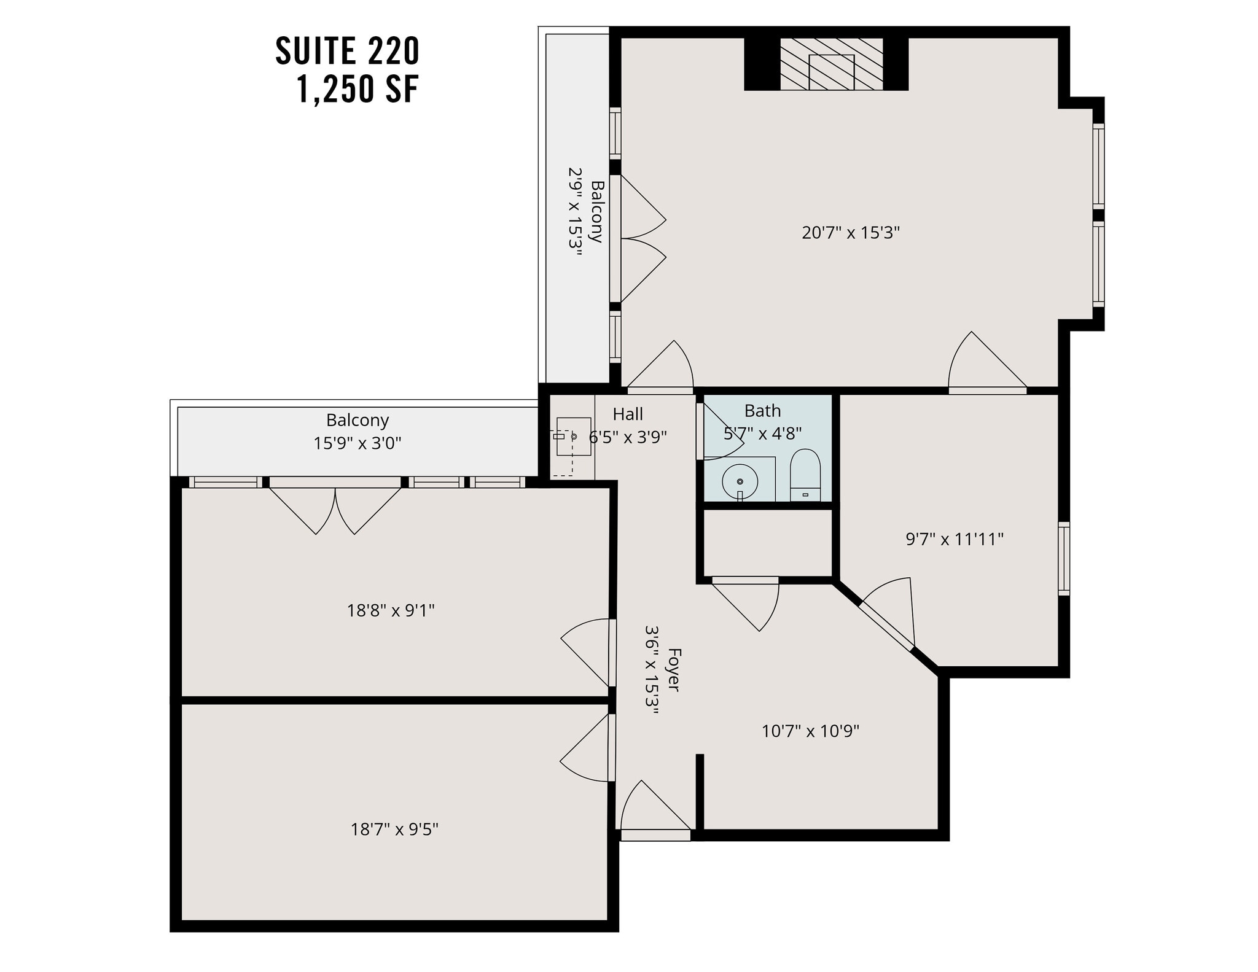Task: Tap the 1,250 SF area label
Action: coord(358,90)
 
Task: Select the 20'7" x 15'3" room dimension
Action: coord(850,233)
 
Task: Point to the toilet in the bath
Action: coord(805,475)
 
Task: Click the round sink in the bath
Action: coord(740,481)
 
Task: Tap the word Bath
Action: coord(762,411)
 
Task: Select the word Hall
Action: coord(627,414)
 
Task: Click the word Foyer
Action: coord(673,669)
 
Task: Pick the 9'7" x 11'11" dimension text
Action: coord(954,539)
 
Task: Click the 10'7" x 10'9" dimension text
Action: coord(810,731)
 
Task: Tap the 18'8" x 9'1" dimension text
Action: coord(391,610)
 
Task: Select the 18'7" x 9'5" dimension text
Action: coord(394,830)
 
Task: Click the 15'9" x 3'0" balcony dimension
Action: coord(357,443)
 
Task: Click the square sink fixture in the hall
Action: coord(573,436)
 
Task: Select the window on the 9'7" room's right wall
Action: coord(1064,558)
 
